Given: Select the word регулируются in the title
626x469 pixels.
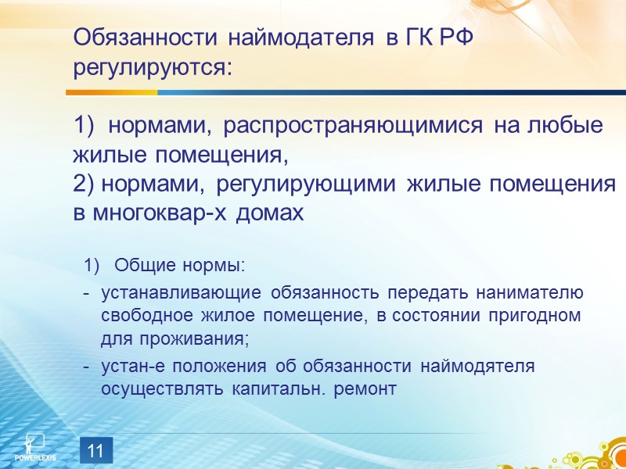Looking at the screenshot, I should (153, 67).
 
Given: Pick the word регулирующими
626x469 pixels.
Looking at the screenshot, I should (309, 185).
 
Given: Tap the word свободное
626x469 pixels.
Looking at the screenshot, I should (144, 317).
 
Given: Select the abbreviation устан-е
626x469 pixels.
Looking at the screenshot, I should (128, 366).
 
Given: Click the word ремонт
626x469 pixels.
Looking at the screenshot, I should (365, 388).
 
